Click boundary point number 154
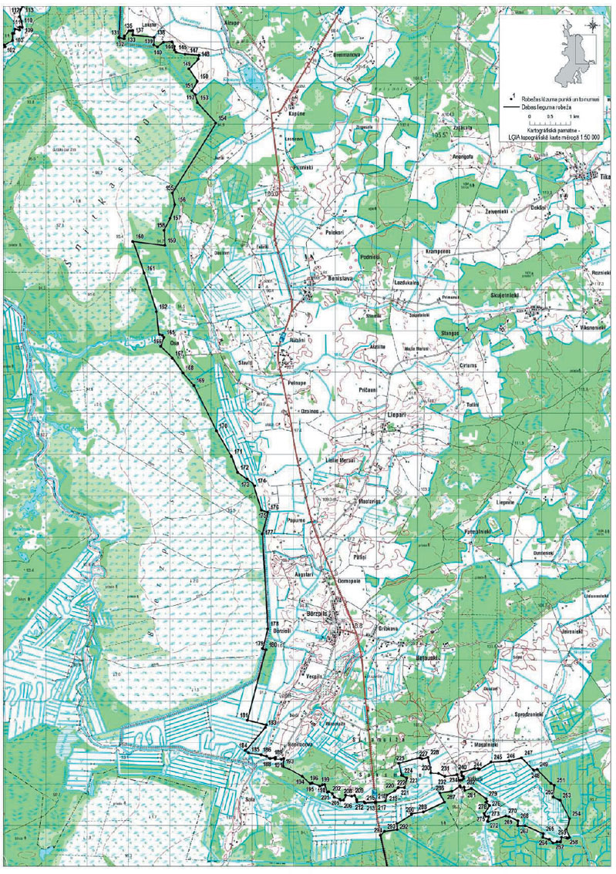223,118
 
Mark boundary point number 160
139,236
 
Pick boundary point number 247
528,752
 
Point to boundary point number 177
270,533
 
